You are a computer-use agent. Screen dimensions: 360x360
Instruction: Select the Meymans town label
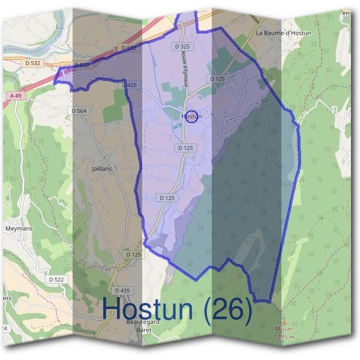(19, 229)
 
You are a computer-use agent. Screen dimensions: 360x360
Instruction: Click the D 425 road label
(129, 85)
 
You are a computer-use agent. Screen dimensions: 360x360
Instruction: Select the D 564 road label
(79, 110)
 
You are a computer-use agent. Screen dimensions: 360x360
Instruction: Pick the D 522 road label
(58, 280)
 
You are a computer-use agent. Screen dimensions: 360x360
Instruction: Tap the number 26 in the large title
(227, 309)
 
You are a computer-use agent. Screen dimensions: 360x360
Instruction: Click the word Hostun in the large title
(148, 309)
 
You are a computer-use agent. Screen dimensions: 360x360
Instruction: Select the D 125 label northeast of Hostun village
(217, 79)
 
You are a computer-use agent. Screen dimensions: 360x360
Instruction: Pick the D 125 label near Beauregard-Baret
(135, 255)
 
